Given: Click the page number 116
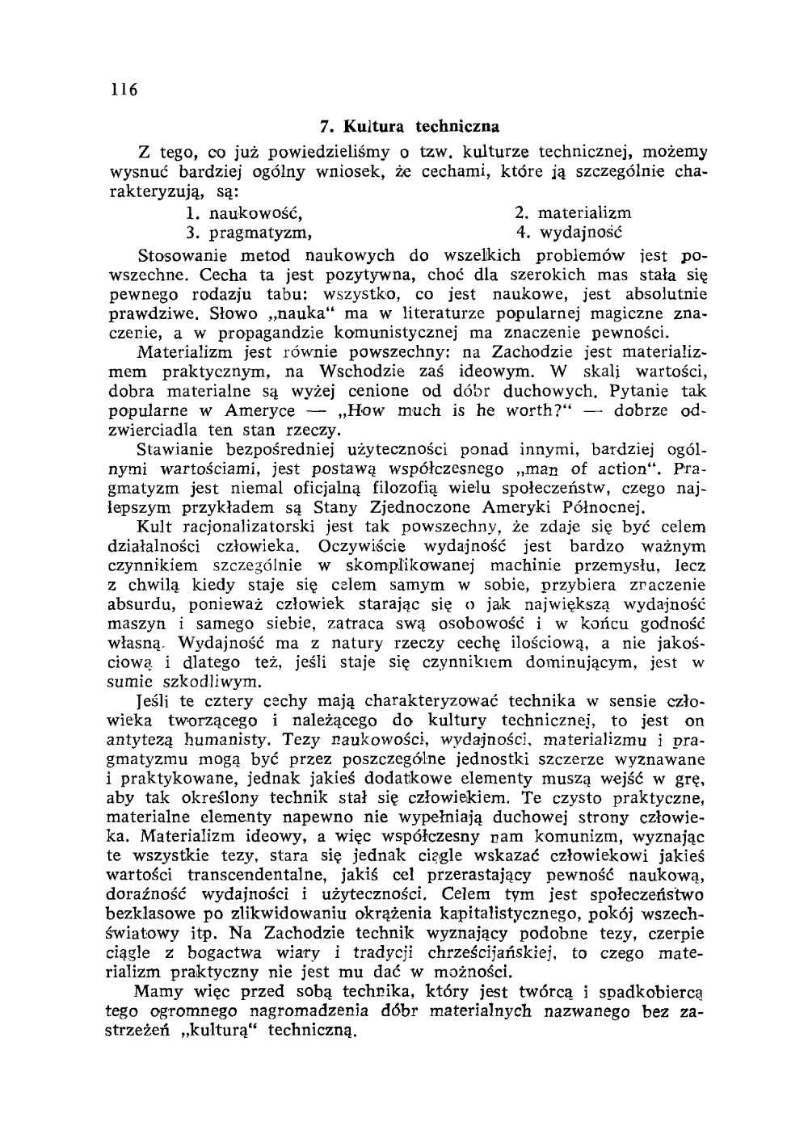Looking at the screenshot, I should (x=125, y=90).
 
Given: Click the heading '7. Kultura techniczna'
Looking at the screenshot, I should (x=410, y=127).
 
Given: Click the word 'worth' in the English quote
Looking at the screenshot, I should (x=506, y=410).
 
